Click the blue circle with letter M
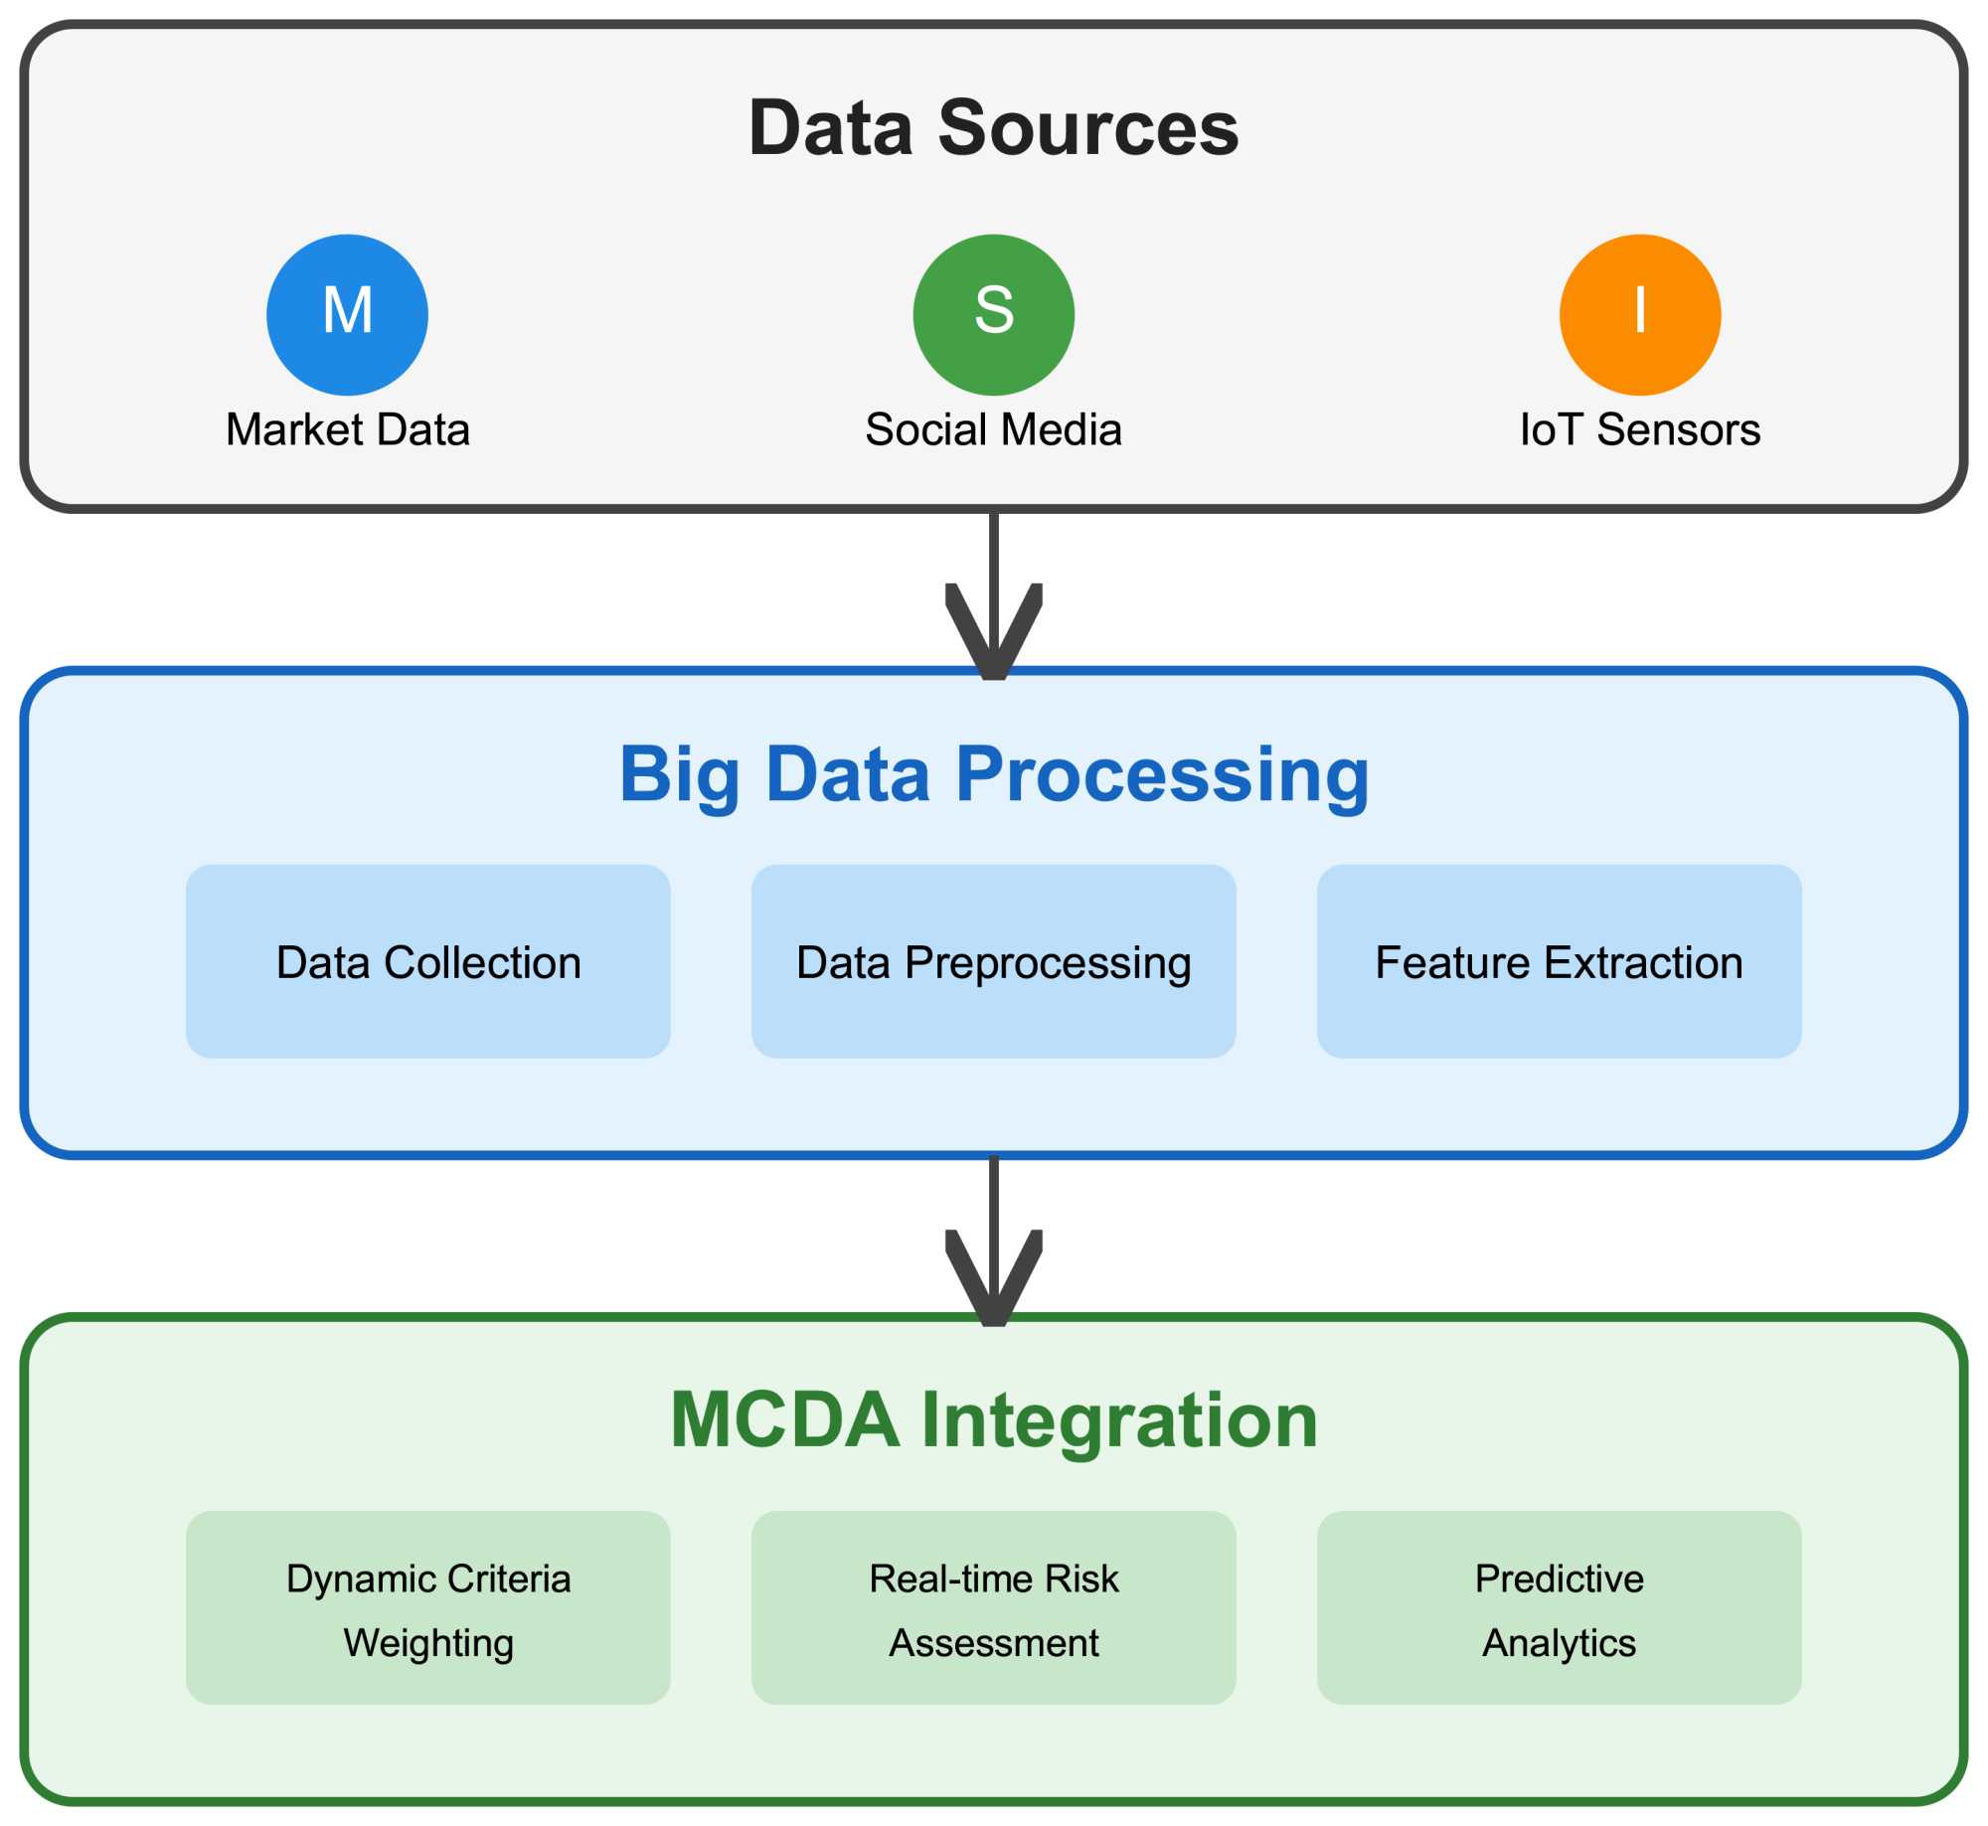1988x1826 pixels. click(x=347, y=314)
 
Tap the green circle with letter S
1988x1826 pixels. click(x=993, y=314)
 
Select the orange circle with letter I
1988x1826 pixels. click(x=1639, y=314)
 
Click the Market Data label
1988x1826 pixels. click(x=347, y=429)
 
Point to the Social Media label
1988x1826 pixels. click(x=993, y=429)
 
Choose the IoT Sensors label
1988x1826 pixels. click(x=1639, y=429)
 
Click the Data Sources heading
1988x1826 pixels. click(x=993, y=128)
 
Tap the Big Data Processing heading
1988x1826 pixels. click(x=993, y=774)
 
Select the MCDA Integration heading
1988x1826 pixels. click(x=993, y=1420)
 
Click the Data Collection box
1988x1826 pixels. click(x=427, y=961)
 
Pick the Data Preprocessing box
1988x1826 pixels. click(x=993, y=961)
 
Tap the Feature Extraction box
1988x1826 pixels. click(x=1559, y=961)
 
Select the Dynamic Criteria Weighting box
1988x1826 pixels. click(x=427, y=1608)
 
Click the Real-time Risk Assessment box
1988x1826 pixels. click(x=993, y=1608)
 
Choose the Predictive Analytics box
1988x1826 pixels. click(x=1559, y=1608)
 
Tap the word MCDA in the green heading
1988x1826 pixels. click(x=784, y=1420)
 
